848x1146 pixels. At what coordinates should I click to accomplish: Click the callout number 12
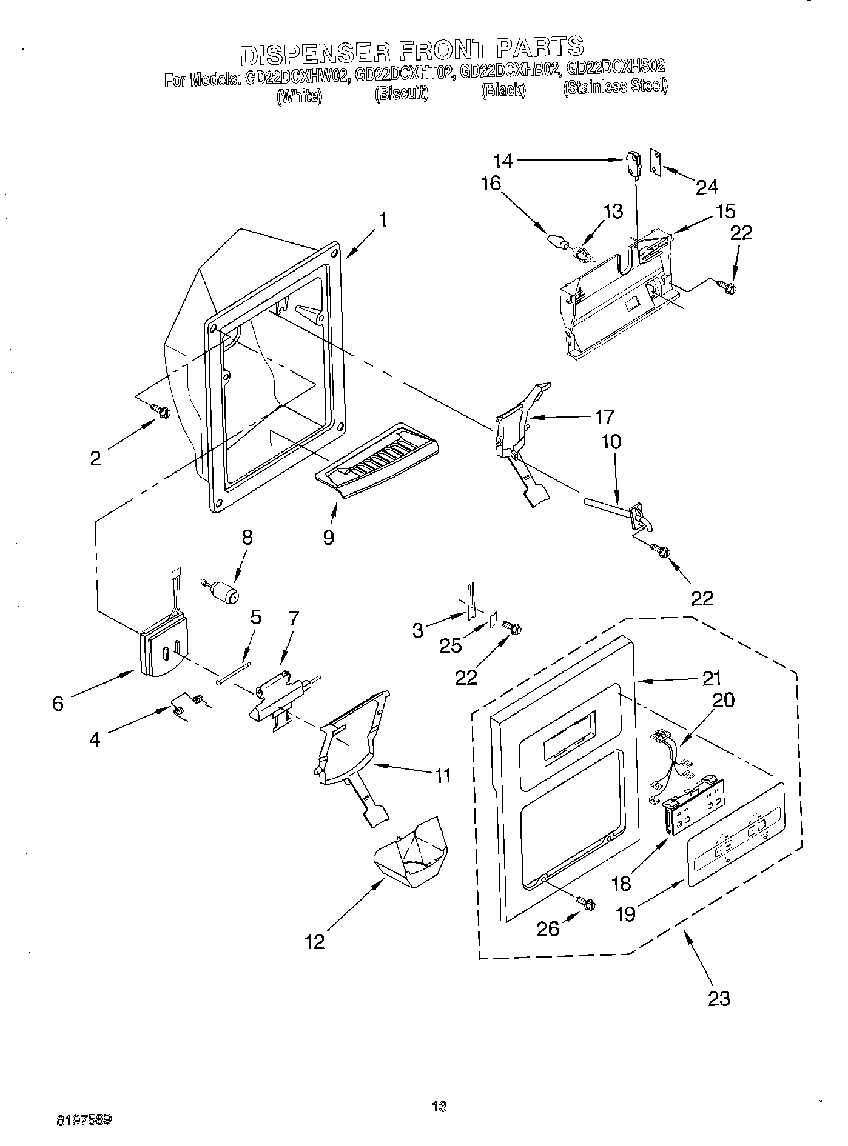coord(315,941)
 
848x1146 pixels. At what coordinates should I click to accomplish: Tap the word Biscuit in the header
coord(402,95)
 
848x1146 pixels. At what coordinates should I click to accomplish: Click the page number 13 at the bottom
coord(439,1107)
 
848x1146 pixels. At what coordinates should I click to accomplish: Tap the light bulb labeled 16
coord(557,241)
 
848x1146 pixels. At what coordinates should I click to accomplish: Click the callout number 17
coord(605,417)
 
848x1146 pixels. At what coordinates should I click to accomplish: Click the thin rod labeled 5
coord(233,673)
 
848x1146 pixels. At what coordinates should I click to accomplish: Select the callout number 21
coord(712,678)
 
